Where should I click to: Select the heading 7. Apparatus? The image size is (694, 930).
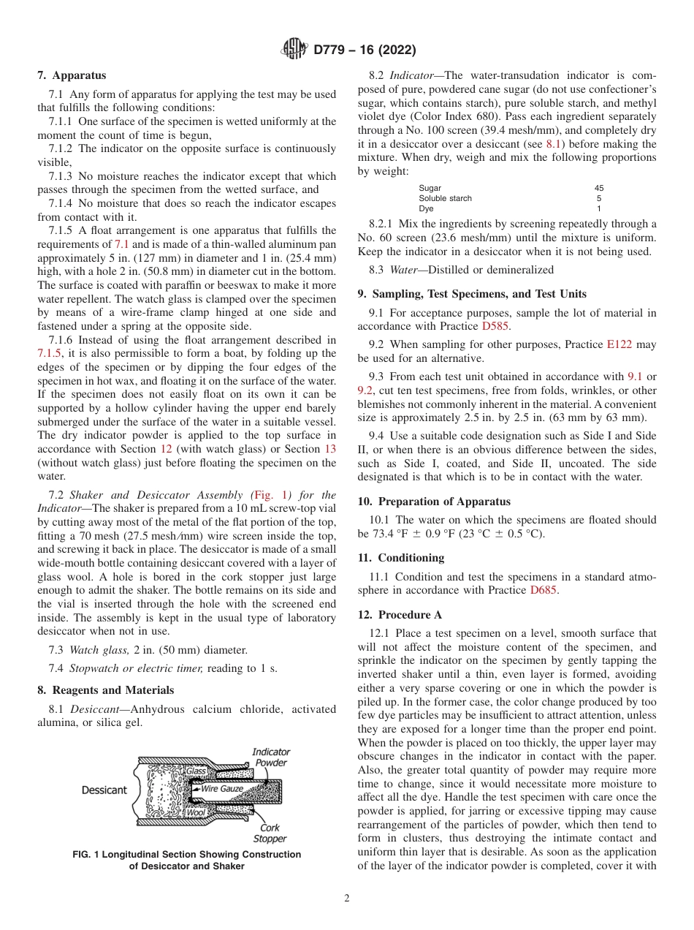point(72,75)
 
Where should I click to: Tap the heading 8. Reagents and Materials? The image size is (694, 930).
point(105,690)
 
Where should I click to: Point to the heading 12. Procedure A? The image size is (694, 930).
point(400,615)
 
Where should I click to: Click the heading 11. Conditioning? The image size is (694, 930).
point(400,558)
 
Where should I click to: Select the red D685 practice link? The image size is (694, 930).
point(544,590)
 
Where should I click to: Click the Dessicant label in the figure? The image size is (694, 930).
point(104,790)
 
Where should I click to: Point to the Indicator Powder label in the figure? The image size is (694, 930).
point(271,757)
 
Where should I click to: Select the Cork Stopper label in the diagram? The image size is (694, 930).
point(270,833)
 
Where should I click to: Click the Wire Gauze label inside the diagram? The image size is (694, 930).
point(221,789)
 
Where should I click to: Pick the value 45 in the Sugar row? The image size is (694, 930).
point(599,188)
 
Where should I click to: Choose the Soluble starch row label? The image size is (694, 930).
point(445,198)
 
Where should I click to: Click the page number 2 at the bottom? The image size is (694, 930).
point(346,899)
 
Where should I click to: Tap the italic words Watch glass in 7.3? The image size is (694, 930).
point(95,650)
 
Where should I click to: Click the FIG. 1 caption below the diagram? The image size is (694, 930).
point(186,861)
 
